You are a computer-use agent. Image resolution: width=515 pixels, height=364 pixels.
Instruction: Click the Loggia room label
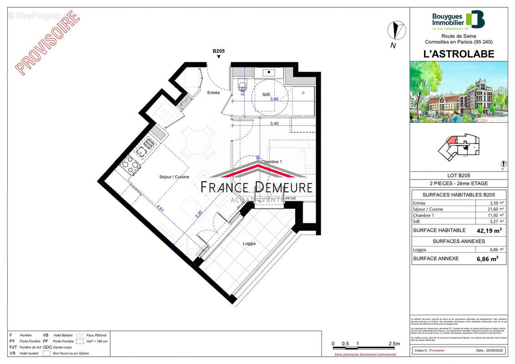point(249,243)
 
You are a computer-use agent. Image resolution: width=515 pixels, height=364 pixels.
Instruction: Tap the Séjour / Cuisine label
point(174,177)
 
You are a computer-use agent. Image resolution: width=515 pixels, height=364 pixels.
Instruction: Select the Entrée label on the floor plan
point(213,93)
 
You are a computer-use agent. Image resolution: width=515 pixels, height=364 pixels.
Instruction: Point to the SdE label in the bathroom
point(266,94)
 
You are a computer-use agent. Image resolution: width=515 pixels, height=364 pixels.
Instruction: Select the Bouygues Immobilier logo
point(458,20)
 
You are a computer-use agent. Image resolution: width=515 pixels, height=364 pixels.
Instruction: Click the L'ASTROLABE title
point(458,53)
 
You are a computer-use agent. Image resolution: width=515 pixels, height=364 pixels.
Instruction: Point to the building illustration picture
point(458,92)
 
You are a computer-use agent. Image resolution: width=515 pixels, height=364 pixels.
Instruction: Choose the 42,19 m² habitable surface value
point(489,230)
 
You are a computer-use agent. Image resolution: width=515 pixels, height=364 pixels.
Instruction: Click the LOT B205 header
point(458,175)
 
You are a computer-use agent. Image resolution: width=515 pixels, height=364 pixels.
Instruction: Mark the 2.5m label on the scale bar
point(394,344)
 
